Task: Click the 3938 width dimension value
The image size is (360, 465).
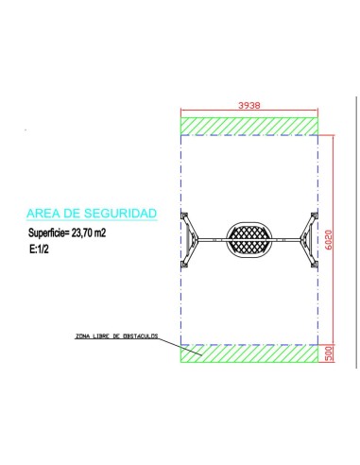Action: tap(249, 105)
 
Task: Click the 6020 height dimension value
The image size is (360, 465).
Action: tap(329, 240)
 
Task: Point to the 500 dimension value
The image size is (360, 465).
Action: tap(329, 353)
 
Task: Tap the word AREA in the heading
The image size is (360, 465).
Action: tap(43, 214)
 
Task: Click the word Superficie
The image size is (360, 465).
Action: tap(48, 233)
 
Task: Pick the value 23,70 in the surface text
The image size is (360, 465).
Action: tap(82, 233)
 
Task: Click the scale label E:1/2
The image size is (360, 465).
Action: tap(39, 250)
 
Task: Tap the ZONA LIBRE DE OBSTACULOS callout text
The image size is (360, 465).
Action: tap(116, 336)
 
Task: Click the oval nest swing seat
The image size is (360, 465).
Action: tap(249, 240)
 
